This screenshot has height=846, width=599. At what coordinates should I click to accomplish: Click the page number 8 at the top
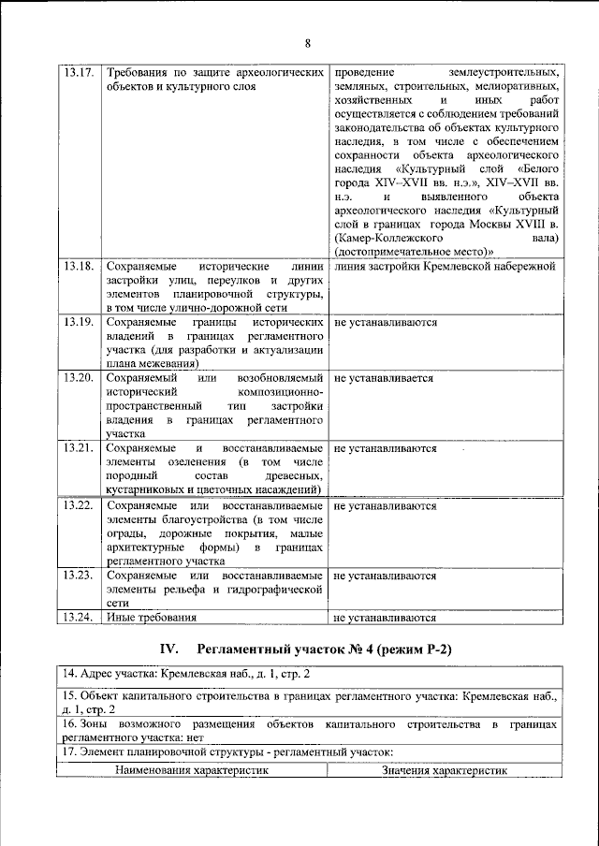[x=306, y=41]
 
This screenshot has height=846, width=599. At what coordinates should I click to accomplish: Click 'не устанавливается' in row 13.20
[x=384, y=379]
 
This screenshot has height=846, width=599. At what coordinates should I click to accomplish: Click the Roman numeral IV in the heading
[x=168, y=649]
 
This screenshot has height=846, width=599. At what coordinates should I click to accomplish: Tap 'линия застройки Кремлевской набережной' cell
[x=446, y=267]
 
